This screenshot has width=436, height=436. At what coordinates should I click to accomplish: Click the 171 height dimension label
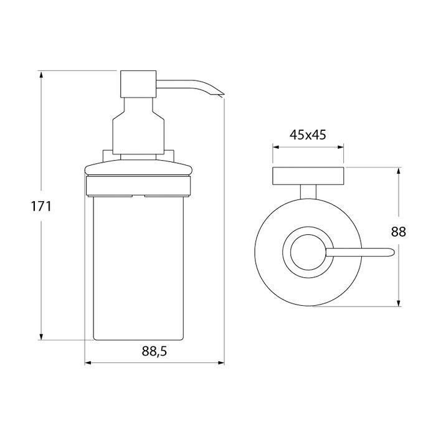pos(41,207)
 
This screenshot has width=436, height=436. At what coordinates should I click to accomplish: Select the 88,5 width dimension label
pos(154,351)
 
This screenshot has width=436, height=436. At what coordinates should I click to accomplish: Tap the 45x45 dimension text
pos(308,135)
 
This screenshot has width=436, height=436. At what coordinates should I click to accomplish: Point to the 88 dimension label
pos(399,231)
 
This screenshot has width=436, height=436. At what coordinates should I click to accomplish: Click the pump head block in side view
pos(138,84)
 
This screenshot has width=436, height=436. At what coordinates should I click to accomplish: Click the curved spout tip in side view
pos(222,95)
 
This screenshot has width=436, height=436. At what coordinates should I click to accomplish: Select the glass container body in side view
pos(138,268)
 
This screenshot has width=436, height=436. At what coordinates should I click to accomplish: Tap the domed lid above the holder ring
pos(138,168)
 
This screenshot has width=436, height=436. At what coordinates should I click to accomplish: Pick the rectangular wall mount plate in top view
pos(308,176)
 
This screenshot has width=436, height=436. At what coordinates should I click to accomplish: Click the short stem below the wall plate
pos(308,192)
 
